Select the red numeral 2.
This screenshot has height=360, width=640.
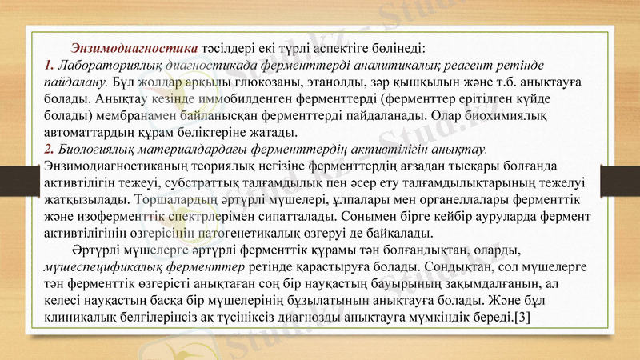pos(49,150)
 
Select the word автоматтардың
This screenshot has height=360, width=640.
pos(94,132)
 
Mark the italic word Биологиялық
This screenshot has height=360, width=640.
pos(103,150)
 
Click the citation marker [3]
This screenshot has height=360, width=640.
pos(520,318)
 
